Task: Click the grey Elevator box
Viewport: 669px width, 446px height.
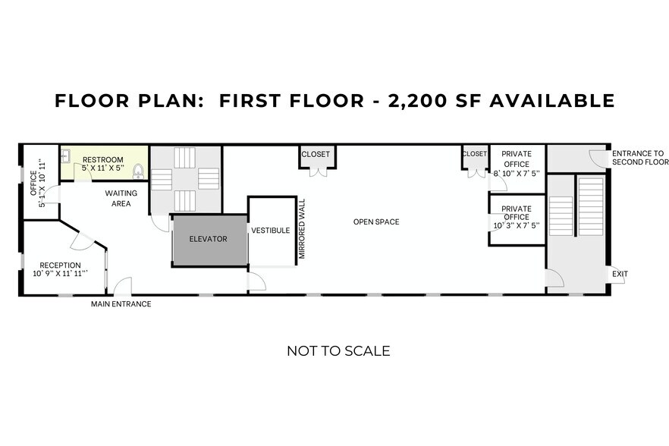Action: point(209,240)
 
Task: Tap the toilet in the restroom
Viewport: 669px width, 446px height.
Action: point(138,170)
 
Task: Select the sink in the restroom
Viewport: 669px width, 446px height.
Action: point(66,155)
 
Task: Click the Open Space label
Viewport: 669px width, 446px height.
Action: point(375,222)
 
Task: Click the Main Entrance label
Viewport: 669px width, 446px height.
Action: point(121,304)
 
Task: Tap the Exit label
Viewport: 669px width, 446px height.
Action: point(620,274)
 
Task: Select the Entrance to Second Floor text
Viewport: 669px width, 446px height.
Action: point(639,158)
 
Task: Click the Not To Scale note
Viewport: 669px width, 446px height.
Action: point(338,350)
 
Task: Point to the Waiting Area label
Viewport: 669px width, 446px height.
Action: point(121,198)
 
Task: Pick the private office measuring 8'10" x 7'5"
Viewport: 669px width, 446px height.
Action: point(517,163)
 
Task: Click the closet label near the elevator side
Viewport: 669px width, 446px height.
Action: point(316,155)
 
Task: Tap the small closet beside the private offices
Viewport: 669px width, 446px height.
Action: point(474,154)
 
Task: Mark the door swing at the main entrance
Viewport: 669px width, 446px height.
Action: point(122,287)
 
